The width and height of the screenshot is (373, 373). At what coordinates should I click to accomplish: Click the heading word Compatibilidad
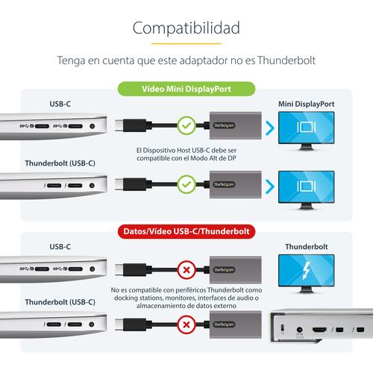(x=186, y=28)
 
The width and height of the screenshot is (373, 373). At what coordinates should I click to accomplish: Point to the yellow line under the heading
(x=186, y=43)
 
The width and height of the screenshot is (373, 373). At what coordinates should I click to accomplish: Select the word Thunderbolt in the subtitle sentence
(x=286, y=60)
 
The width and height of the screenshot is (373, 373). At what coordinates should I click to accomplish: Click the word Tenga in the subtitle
(x=71, y=61)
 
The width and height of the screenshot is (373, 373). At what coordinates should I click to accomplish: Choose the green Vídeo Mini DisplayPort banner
(x=186, y=89)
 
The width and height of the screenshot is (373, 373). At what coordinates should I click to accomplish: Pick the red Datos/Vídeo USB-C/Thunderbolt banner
(x=186, y=231)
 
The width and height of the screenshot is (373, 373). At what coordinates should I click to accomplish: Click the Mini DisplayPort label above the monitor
(x=306, y=104)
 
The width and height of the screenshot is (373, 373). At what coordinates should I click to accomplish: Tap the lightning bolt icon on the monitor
(x=307, y=271)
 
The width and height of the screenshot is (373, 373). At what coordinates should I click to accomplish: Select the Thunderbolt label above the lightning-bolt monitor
(x=307, y=247)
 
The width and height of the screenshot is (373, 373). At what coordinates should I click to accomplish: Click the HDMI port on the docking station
(x=319, y=330)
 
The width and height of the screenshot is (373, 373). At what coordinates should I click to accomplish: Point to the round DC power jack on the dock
(x=300, y=330)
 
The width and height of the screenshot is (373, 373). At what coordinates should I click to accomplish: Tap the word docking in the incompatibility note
(x=126, y=298)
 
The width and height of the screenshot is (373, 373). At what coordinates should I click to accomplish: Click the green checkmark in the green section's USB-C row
(x=186, y=125)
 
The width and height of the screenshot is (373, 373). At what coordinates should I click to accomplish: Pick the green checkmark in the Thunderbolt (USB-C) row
(x=186, y=184)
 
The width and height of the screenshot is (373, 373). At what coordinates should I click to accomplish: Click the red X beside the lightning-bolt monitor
(x=186, y=270)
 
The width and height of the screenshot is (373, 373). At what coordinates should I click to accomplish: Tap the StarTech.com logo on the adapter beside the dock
(x=224, y=325)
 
